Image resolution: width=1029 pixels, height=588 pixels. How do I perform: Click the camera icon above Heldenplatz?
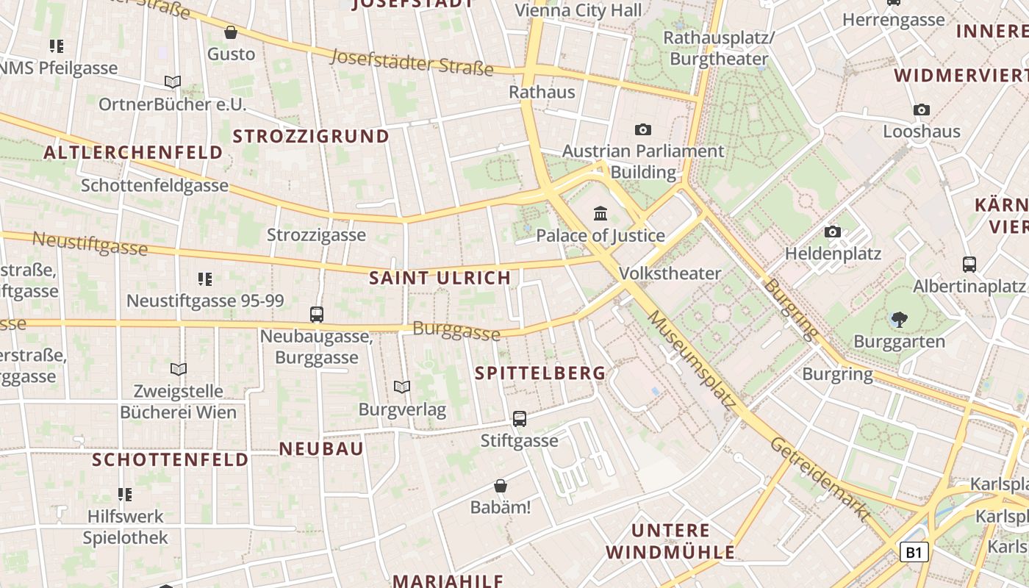point(832,232)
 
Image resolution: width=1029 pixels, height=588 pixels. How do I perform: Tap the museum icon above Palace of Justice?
point(600,214)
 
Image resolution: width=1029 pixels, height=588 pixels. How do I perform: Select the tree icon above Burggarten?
point(898,319)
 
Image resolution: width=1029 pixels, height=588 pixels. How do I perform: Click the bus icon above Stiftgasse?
point(520,419)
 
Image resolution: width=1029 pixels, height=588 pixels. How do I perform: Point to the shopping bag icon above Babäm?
point(501,486)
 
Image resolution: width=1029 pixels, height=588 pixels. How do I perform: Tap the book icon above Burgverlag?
point(401,387)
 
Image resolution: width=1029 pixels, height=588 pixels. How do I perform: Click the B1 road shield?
point(914,552)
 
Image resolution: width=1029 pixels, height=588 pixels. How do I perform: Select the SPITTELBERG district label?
point(540,373)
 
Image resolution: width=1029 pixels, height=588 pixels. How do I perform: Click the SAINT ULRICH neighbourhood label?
point(440,278)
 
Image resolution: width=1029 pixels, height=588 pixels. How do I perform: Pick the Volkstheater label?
point(670,273)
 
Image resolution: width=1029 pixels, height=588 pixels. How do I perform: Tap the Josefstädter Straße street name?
point(412,62)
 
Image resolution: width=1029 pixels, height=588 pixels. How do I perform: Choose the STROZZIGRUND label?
point(311,136)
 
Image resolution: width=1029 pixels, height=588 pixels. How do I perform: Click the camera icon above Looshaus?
point(921,110)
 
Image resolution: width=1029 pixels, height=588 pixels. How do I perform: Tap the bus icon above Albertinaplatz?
point(969,265)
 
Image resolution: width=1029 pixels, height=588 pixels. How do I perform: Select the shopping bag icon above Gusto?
point(231,32)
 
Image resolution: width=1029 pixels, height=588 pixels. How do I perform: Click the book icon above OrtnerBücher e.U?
point(173,82)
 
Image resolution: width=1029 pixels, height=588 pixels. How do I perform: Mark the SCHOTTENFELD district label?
point(170,460)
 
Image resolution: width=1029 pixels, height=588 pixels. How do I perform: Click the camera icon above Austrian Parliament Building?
point(643,130)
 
